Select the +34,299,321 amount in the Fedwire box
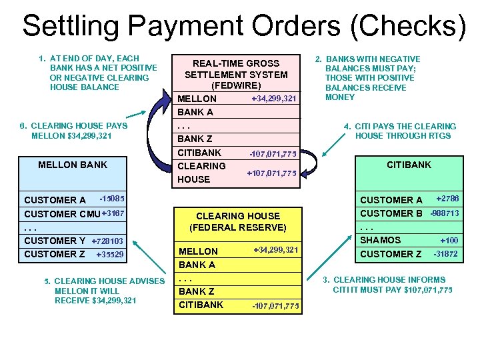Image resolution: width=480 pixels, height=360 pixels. click(273, 99)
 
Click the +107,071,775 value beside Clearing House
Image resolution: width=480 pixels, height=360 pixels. click(271, 174)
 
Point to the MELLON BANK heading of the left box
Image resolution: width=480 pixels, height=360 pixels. click(73, 165)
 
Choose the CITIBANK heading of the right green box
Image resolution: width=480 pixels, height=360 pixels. click(409, 165)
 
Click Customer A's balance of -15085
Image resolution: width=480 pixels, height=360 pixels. click(111, 199)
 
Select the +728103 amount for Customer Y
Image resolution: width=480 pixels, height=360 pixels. click(107, 241)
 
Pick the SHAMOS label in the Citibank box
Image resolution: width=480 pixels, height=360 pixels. click(381, 240)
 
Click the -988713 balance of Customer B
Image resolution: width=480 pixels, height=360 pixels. click(445, 213)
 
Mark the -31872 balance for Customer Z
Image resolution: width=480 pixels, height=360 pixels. click(446, 254)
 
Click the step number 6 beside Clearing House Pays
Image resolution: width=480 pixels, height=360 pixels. click(23, 126)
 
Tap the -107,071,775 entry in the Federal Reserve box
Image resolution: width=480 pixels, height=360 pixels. click(275, 306)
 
